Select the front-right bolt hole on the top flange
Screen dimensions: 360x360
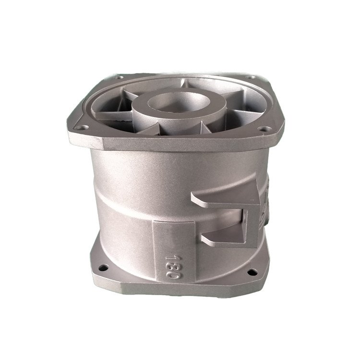tap(263, 129)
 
